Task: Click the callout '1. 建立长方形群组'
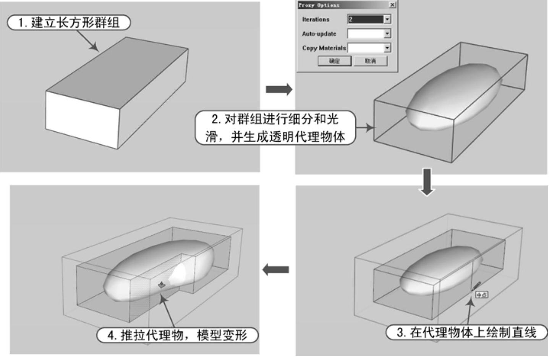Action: [x=69, y=23]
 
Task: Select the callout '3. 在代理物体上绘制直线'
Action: [x=466, y=332]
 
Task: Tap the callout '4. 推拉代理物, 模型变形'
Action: [x=178, y=335]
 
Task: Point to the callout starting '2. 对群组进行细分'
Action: [x=275, y=128]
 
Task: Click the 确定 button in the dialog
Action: [x=334, y=61]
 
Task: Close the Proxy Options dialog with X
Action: [x=392, y=5]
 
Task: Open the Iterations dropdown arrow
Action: [x=387, y=19]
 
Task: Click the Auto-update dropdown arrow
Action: [x=387, y=34]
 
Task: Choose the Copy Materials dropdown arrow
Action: [x=387, y=48]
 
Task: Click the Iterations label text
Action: [x=316, y=19]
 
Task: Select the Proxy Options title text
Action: [x=319, y=5]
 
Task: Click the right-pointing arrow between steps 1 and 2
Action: [x=279, y=89]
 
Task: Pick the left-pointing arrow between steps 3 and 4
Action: [x=275, y=270]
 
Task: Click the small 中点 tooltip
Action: [x=481, y=295]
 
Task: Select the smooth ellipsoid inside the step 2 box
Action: [x=453, y=97]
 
